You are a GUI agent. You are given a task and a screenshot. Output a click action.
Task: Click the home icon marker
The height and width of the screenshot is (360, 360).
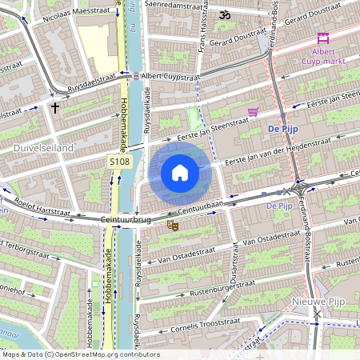[180, 173]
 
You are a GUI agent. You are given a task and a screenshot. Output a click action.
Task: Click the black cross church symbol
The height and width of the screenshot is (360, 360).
[55, 106]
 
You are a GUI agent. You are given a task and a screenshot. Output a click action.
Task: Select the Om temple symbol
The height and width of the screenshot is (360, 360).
[225, 14]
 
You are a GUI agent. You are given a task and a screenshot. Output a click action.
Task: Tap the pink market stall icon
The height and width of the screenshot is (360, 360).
[323, 38]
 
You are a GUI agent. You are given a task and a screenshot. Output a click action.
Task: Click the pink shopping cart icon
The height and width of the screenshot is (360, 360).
[254, 112]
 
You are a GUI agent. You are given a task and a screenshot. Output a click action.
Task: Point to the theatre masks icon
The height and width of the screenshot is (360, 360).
[172, 226]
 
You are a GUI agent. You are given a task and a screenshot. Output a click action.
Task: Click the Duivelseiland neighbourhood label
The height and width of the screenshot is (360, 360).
[43, 148]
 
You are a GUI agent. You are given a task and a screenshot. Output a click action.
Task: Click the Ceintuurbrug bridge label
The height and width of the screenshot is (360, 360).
[126, 218]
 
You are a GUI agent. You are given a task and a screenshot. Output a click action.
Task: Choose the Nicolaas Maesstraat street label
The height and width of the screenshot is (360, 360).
[78, 14]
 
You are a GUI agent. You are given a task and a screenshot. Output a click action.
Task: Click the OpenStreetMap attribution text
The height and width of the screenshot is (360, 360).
[80, 354]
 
